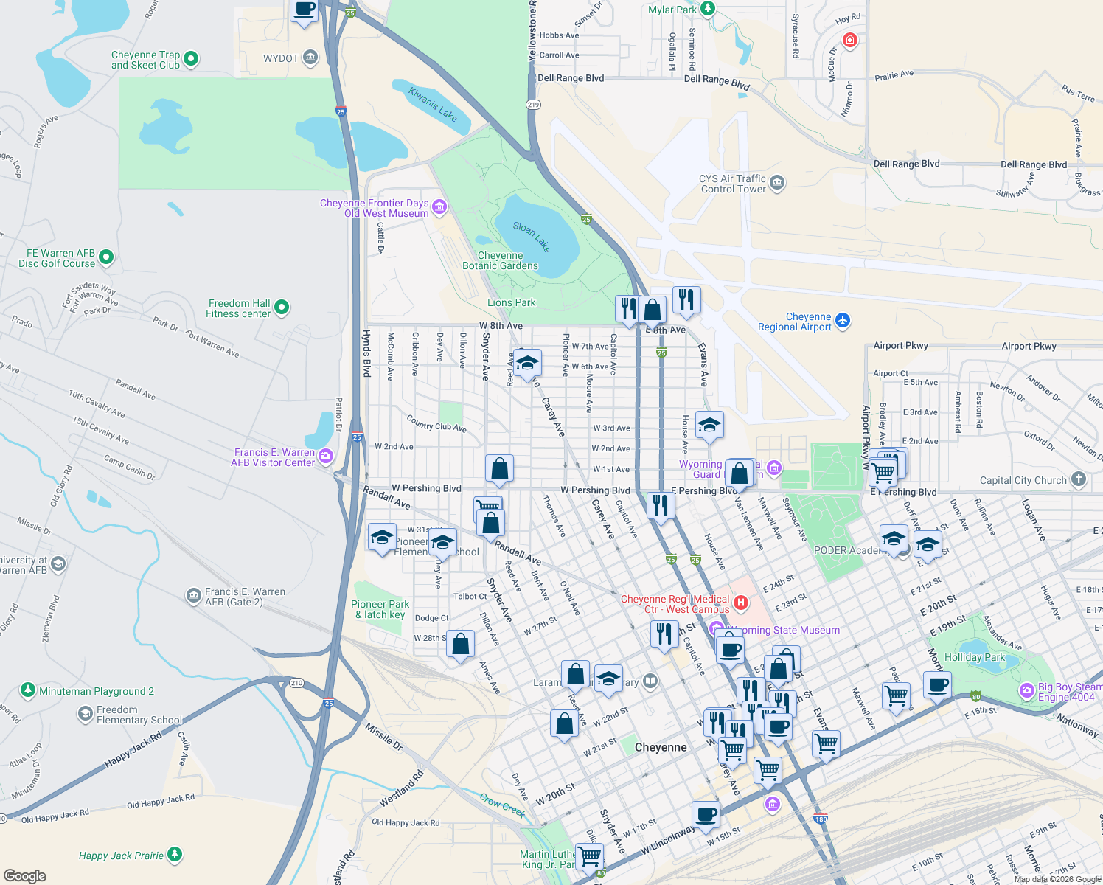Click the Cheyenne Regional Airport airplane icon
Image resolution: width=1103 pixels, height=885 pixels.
pyautogui.click(x=843, y=321)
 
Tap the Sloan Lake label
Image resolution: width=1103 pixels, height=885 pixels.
pyautogui.click(x=532, y=236)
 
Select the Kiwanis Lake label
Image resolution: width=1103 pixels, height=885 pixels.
pyautogui.click(x=433, y=105)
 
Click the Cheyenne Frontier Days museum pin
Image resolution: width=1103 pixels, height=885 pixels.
pyautogui.click(x=439, y=207)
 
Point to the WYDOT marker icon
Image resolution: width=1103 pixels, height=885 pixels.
pyautogui.click(x=310, y=58)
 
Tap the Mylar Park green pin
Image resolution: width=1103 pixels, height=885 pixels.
pyautogui.click(x=708, y=9)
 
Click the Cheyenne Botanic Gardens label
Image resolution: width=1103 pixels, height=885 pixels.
pyautogui.click(x=500, y=260)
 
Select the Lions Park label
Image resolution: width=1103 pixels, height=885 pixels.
pyautogui.click(x=511, y=302)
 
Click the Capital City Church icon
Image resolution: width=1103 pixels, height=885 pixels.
pyautogui.click(x=1079, y=479)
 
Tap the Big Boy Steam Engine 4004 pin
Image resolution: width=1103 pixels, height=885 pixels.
pyautogui.click(x=1026, y=691)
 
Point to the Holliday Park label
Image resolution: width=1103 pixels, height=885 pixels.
pyautogui.click(x=974, y=657)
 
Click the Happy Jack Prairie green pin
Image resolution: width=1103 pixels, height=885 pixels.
pyautogui.click(x=175, y=855)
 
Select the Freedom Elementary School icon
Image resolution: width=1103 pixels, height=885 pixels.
pyautogui.click(x=85, y=714)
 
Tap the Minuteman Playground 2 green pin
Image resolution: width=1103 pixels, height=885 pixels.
pyautogui.click(x=28, y=690)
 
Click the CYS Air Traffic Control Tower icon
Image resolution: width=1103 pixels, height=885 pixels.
pyautogui.click(x=777, y=183)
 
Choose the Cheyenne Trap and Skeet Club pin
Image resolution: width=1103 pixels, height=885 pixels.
pyautogui.click(x=191, y=59)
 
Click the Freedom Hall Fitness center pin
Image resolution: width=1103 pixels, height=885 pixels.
pyautogui.click(x=281, y=308)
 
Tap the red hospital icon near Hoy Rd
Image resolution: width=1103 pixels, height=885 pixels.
pyautogui.click(x=850, y=40)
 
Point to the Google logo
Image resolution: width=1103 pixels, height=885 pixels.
pyautogui.click(x=25, y=875)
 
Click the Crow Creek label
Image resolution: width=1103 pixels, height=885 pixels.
pyautogui.click(x=502, y=805)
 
